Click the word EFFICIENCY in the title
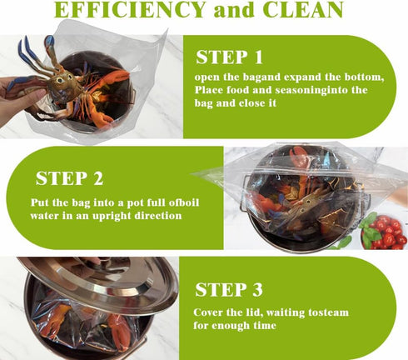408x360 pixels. pyautogui.click(x=129, y=9)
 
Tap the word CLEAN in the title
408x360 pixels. pyautogui.click(x=303, y=9)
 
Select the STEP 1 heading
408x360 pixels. pyautogui.click(x=229, y=57)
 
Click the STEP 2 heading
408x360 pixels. pyautogui.click(x=69, y=178)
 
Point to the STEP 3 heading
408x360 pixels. pyautogui.click(x=229, y=289)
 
